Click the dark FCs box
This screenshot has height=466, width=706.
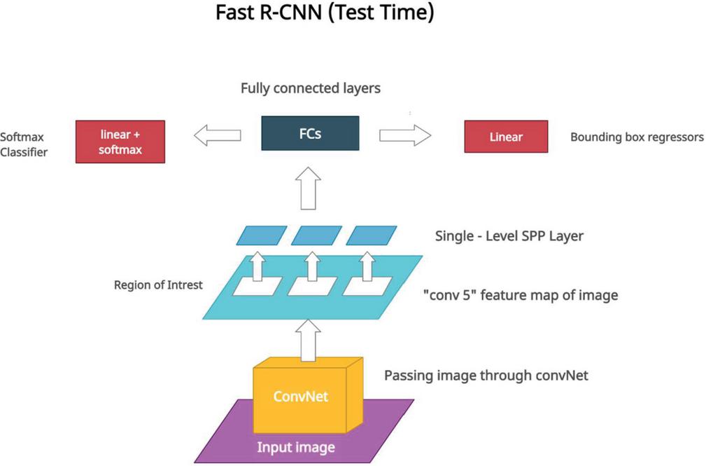(x=310, y=133)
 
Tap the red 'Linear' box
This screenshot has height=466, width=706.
(x=506, y=137)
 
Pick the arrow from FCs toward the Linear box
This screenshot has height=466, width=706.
(x=405, y=136)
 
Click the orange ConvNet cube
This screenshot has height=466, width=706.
(x=301, y=396)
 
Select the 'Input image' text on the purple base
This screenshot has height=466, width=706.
(x=295, y=447)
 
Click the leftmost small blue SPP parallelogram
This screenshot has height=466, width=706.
(x=261, y=235)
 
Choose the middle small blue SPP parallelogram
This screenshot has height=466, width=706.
(x=316, y=235)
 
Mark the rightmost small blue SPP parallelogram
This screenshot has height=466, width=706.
(x=372, y=235)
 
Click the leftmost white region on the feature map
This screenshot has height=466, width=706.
(x=257, y=286)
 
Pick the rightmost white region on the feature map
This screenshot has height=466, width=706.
(x=367, y=286)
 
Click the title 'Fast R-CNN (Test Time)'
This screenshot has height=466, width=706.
(x=325, y=14)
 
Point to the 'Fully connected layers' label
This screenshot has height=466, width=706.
(x=311, y=89)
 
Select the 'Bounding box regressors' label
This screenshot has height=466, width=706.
(x=637, y=137)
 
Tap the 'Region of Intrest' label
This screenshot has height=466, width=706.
(x=158, y=285)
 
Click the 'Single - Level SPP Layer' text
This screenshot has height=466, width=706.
(x=509, y=236)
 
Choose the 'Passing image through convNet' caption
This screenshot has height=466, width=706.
(x=486, y=376)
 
